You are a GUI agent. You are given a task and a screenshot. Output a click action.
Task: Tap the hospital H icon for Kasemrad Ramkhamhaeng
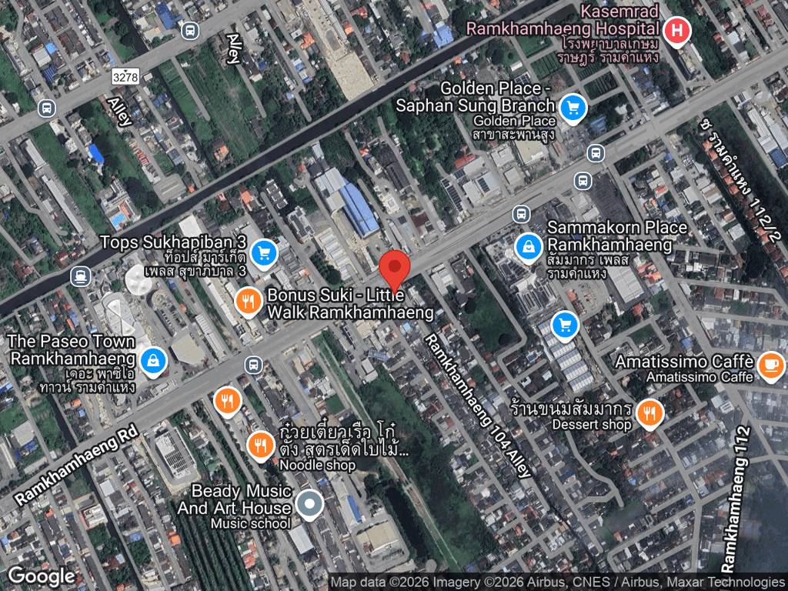click(676, 32)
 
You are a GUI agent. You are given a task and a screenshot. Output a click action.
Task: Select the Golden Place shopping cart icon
click(571, 107)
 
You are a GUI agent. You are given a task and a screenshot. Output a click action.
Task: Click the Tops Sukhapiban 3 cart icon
click(264, 252)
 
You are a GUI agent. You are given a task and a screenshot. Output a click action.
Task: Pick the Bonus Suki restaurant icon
click(248, 302)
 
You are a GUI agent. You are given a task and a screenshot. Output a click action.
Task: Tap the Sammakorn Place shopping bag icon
click(528, 246)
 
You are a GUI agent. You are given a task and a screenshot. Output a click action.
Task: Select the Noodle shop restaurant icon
click(261, 445)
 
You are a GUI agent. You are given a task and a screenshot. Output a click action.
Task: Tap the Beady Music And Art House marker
click(309, 504)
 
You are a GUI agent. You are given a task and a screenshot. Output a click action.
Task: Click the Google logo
click(42, 576)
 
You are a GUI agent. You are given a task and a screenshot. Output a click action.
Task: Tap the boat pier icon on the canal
click(80, 275)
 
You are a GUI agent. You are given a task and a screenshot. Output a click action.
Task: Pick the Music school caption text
click(251, 524)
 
